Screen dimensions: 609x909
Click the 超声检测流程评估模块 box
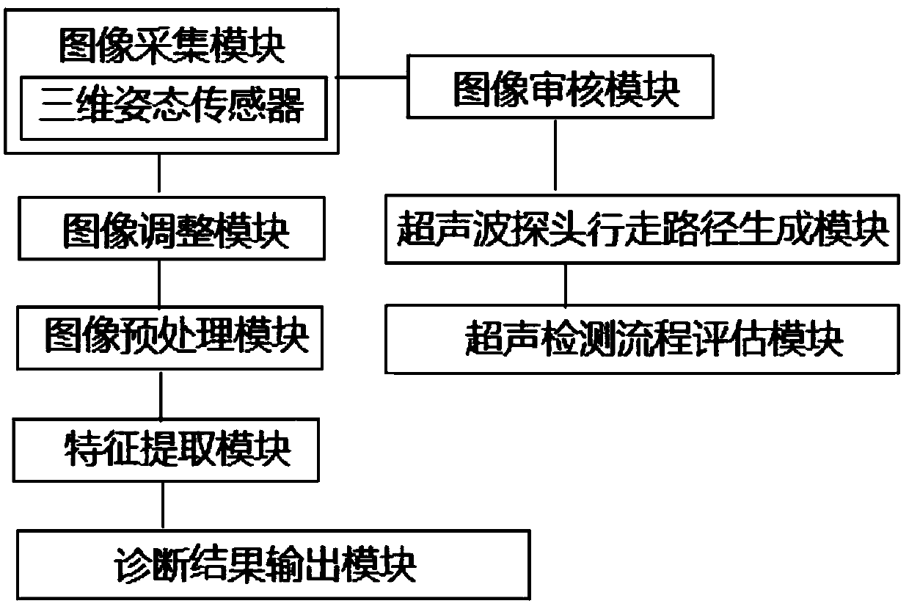[640, 338]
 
